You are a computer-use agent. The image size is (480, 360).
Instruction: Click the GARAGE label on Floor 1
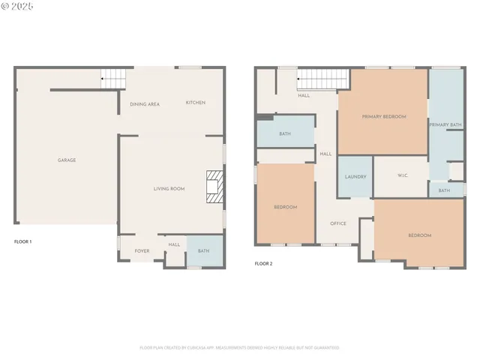tap(67, 160)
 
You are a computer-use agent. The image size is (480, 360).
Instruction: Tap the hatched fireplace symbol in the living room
tap(215, 187)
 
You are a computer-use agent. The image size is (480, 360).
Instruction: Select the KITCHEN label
tap(196, 103)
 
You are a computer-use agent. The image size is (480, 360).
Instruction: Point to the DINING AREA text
tap(144, 104)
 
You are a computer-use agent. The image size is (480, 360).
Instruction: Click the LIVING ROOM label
tap(169, 189)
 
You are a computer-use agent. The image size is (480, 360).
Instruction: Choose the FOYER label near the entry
tap(142, 251)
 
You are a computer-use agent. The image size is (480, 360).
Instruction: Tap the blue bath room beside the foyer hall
tap(204, 251)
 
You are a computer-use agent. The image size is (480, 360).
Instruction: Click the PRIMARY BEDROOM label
tap(383, 117)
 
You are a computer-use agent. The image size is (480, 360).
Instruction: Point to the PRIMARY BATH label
tap(445, 124)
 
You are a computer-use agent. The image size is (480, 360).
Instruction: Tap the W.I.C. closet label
tap(400, 177)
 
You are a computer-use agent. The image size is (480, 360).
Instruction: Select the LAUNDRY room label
tap(355, 177)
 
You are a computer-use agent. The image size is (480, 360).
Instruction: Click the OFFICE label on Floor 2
tap(338, 223)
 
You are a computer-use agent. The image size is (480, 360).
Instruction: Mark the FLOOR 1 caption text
tap(23, 242)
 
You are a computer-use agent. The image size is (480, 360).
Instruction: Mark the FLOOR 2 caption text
tap(263, 264)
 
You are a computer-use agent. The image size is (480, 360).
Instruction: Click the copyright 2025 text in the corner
tap(17, 6)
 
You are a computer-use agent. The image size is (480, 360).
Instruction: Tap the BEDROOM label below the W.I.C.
tap(419, 235)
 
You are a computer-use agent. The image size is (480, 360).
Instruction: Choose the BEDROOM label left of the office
tap(285, 207)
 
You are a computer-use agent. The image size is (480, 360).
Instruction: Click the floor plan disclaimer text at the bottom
tap(239, 347)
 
